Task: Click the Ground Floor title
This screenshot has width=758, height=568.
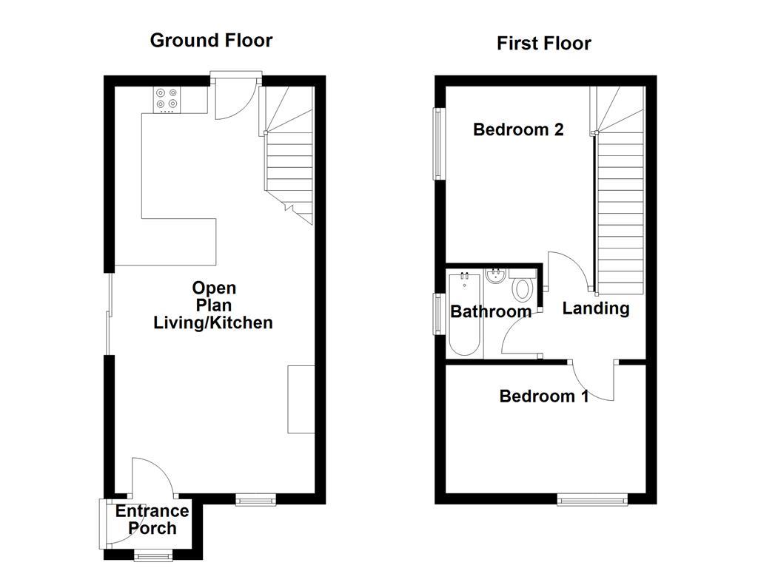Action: click(211, 40)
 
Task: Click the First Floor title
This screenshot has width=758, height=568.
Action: click(543, 44)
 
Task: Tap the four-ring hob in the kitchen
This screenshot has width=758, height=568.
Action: click(166, 100)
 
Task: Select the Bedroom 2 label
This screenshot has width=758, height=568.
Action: click(518, 129)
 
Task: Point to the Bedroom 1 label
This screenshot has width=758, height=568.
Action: click(544, 396)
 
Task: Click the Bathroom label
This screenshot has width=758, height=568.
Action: click(491, 311)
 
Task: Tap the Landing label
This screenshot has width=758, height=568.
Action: click(596, 308)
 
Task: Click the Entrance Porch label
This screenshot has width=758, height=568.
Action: click(152, 519)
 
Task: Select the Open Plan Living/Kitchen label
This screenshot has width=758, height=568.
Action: click(213, 305)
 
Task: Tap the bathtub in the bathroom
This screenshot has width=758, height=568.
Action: click(464, 314)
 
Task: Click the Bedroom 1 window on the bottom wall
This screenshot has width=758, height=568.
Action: click(593, 500)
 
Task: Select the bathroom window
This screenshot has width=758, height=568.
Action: click(438, 314)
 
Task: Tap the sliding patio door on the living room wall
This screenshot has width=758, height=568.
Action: click(108, 314)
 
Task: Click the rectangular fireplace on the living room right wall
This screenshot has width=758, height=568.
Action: click(301, 399)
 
